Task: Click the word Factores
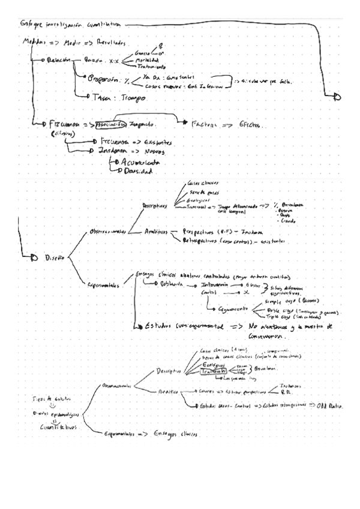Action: (207, 124)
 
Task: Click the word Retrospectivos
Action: (207, 242)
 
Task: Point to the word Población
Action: (167, 286)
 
